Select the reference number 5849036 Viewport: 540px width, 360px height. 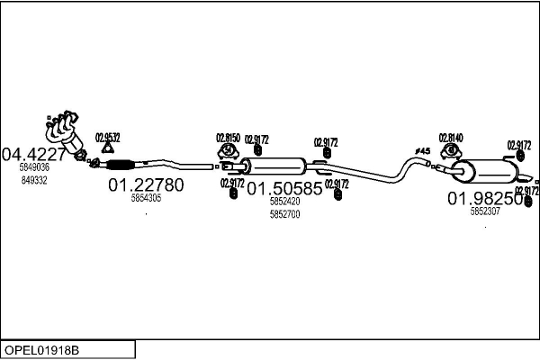pos(34,167)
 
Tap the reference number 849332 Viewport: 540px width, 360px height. pos(33,180)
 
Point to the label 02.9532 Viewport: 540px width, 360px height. pos(107,137)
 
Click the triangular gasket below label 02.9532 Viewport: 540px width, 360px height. pos(108,149)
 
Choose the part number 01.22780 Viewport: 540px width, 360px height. pos(146,185)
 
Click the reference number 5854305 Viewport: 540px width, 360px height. pos(146,198)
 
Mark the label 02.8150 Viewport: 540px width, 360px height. pos(228,138)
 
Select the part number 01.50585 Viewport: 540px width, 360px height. pos(284,190)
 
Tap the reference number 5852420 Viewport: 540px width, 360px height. pos(284,202)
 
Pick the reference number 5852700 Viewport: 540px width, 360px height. pos(284,214)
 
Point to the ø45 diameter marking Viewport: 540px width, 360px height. pos(422,150)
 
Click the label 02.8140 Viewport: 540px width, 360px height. pos(451,138)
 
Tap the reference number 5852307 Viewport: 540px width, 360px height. pos(486,211)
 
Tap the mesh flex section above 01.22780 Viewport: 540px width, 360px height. pos(120,164)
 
